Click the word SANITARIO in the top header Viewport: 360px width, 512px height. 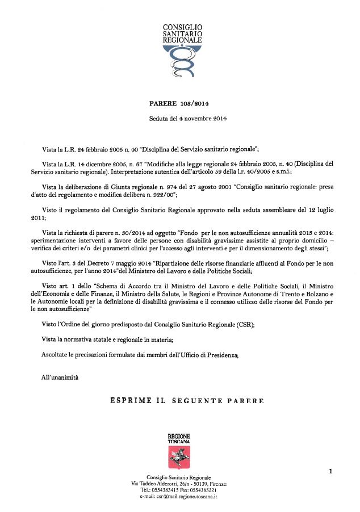tap(182, 34)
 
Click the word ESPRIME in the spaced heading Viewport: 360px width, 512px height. tap(129, 401)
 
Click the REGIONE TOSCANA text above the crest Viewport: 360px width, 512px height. tap(179, 438)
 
